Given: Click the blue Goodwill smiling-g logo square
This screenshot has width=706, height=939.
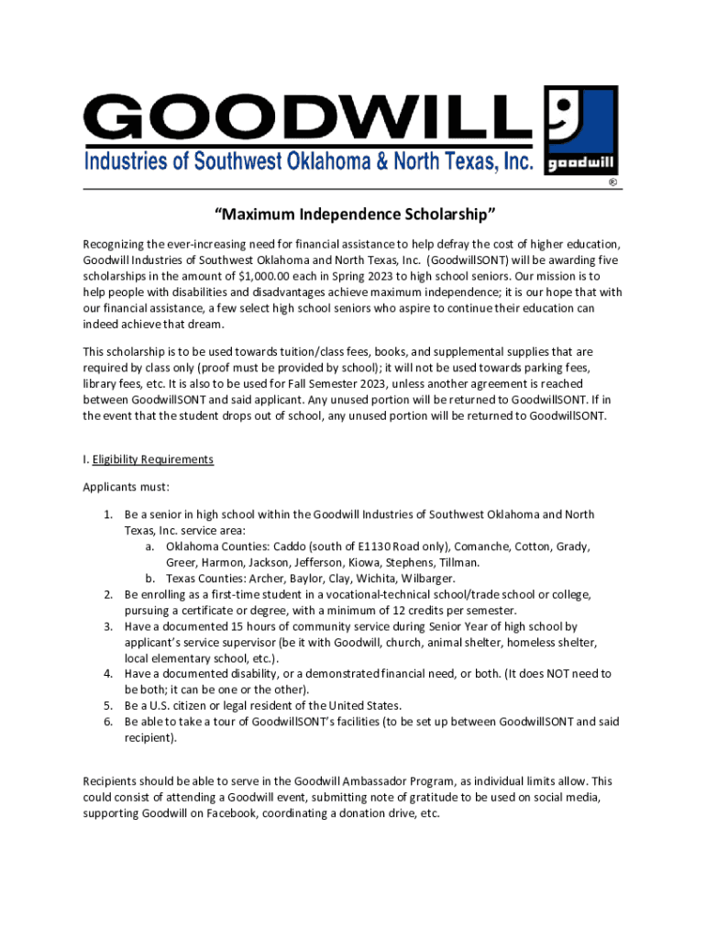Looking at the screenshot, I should point(580,131).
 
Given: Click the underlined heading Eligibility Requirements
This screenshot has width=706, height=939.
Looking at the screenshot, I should point(153,459).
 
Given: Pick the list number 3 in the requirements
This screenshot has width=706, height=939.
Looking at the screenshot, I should point(107,626).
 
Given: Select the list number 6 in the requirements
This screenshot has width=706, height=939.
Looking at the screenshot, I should point(107,722).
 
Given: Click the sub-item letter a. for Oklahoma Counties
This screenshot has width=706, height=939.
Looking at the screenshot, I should point(149,547).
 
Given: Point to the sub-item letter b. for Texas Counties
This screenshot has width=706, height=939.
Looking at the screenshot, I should point(149,579).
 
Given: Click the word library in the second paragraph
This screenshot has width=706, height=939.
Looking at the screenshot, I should point(101,383).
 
